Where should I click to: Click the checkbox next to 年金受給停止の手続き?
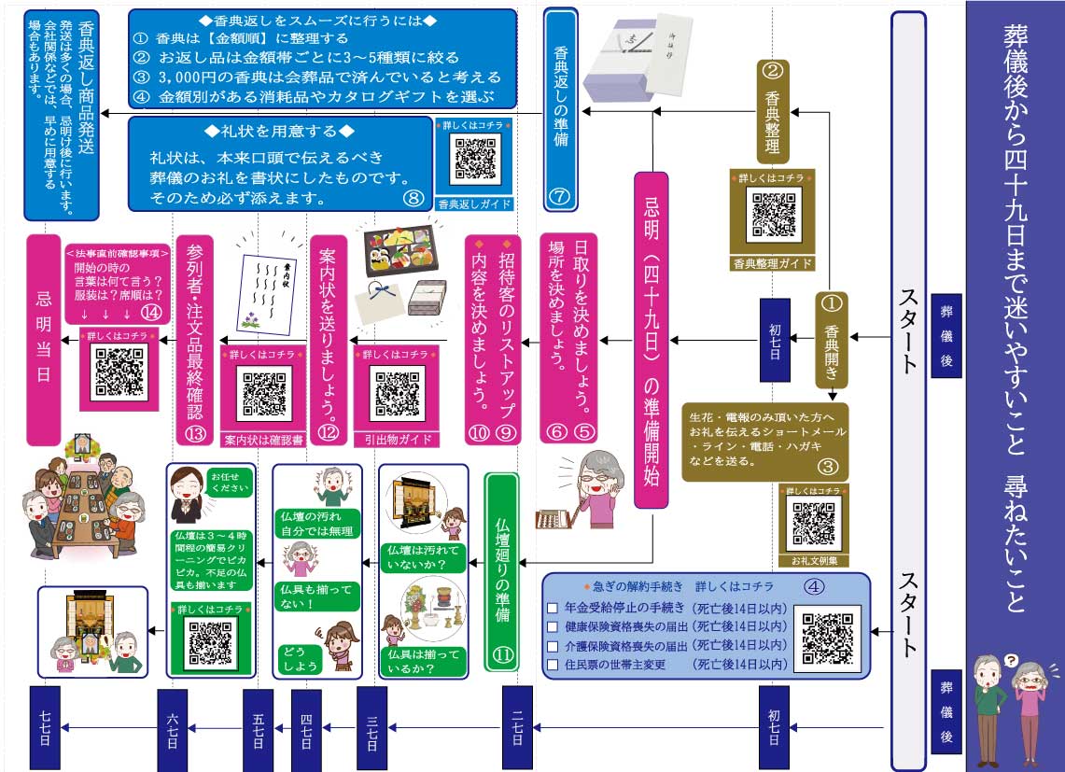(553, 607)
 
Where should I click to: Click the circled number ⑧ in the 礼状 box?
(413, 197)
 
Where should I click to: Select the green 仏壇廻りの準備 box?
(502, 571)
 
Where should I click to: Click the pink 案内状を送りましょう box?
(328, 338)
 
